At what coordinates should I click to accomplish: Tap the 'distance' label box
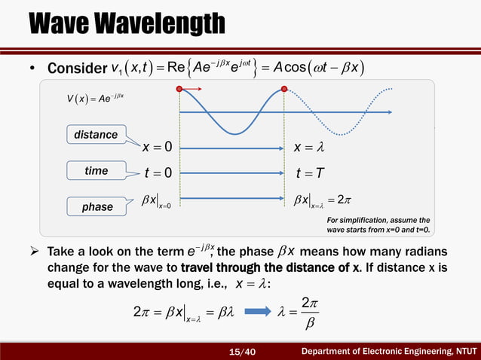coord(96,135)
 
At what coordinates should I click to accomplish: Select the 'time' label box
coord(96,171)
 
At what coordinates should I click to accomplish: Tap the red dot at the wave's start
coord(179,89)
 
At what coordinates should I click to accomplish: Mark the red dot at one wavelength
coord(285,89)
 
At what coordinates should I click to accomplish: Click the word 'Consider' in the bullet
coord(75,69)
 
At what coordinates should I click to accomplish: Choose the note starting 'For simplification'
coord(378,224)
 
